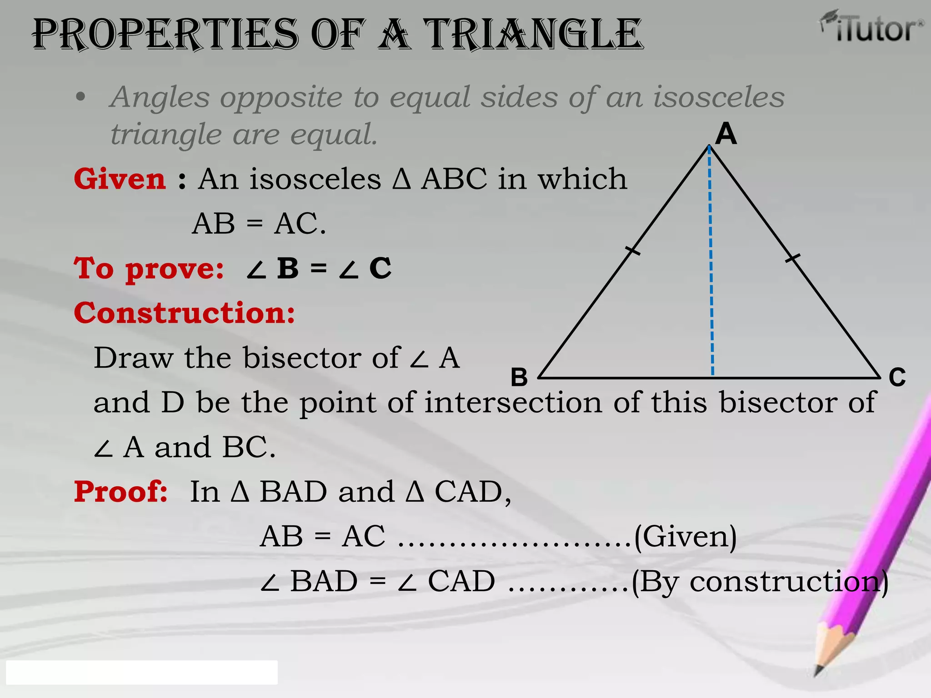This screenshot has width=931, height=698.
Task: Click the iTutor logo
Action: coord(872,27)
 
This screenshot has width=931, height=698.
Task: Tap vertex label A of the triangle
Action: coord(726,134)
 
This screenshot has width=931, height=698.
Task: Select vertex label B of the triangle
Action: coord(519,377)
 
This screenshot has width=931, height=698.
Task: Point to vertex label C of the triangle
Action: coord(897,377)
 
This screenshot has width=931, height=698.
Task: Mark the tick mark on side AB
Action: coord(633,250)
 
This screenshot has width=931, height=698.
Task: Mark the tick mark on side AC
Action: coord(793,258)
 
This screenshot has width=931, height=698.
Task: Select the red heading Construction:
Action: coord(185,313)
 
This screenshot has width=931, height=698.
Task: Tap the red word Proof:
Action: coord(121,492)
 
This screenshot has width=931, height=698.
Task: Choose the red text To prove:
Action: coord(149,268)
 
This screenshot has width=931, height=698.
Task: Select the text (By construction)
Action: coord(760,582)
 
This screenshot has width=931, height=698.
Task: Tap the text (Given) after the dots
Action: coord(686,537)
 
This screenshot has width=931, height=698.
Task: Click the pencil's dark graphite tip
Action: coord(818,671)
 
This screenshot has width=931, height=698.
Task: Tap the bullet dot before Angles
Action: coord(80,97)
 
